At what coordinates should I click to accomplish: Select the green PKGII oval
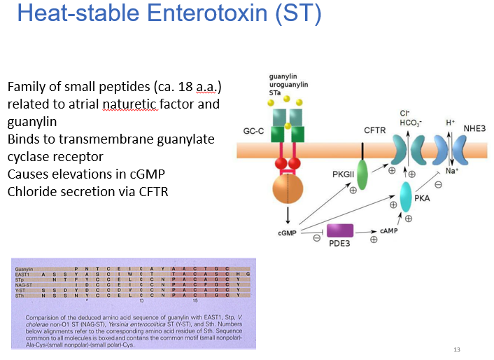pyautogui.click(x=362, y=174)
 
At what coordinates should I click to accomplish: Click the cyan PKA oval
pyautogui.click(x=405, y=197)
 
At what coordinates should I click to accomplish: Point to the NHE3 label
pyautogui.click(x=474, y=127)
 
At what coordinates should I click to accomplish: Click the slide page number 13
pyautogui.click(x=458, y=349)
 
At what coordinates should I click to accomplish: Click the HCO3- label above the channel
pyautogui.click(x=409, y=123)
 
